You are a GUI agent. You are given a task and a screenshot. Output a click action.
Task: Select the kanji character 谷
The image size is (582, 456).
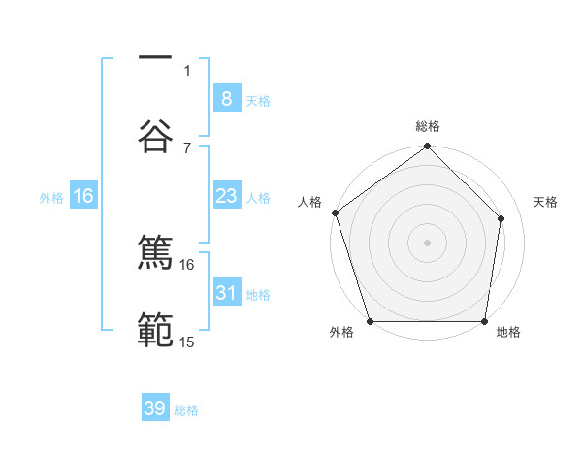click(155, 137)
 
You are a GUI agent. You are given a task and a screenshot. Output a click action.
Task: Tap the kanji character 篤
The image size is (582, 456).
click(155, 253)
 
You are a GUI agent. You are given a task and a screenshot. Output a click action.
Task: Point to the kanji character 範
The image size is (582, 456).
click(155, 331)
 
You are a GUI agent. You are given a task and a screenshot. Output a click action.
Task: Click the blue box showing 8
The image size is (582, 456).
click(226, 99)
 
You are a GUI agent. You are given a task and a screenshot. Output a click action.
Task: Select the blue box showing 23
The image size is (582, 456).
click(226, 197)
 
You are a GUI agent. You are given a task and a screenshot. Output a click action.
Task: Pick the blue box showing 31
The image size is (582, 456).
click(226, 293)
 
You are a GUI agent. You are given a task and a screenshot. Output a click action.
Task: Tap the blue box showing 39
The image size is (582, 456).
click(155, 409)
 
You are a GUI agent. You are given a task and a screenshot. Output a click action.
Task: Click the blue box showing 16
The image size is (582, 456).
click(83, 197)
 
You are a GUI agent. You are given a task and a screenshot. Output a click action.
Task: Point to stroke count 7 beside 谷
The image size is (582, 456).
click(187, 147)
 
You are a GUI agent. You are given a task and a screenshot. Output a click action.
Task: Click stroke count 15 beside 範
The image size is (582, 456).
click(187, 342)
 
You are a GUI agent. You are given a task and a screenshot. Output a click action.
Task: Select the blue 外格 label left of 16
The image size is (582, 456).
click(51, 198)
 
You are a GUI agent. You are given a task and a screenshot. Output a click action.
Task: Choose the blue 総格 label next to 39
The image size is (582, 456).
click(186, 410)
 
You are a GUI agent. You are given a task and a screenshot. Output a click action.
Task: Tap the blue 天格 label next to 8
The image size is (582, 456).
click(258, 100)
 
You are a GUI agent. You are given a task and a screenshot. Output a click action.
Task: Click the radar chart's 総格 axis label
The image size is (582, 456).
click(428, 126)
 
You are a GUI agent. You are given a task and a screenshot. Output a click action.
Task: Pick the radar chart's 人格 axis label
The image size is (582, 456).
click(310, 202)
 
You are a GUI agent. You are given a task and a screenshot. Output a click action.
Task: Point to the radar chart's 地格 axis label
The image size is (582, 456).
click(508, 332)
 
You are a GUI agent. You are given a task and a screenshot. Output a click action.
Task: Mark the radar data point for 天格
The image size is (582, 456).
click(501, 218)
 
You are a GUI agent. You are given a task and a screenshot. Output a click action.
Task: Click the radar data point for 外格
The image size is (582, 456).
click(370, 321)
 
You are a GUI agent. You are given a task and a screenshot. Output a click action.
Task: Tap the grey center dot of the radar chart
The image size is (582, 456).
click(428, 242)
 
